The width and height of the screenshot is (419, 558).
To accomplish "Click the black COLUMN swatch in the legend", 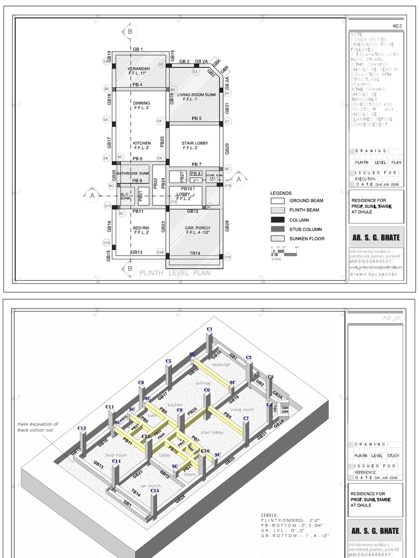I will point(278,220).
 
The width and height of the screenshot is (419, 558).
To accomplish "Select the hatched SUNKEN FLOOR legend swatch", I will point(278,239).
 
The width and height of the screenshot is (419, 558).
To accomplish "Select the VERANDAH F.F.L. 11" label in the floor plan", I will point(138,71).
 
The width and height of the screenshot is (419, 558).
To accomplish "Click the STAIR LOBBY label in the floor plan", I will point(195,145).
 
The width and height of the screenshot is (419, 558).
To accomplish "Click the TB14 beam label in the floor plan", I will point(193,253).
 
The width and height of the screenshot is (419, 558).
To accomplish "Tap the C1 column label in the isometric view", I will point(209,330).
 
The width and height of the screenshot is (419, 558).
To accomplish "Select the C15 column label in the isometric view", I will point(155,491).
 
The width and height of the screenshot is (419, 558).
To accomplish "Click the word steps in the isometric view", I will point(189,474).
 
